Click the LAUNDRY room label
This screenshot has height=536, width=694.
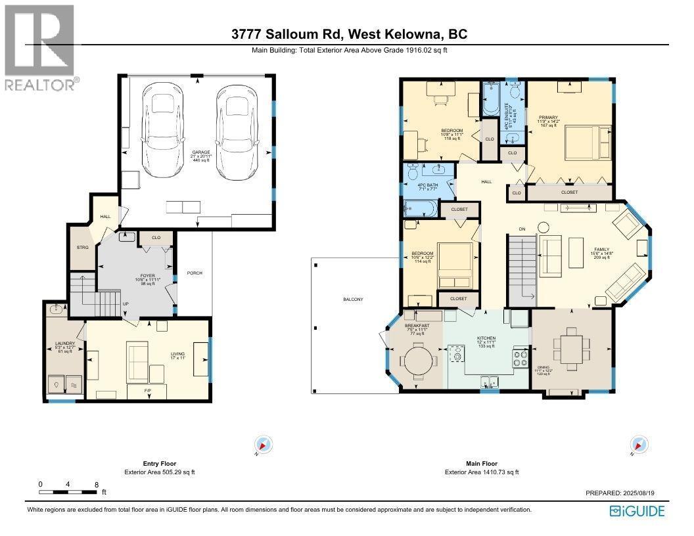65,343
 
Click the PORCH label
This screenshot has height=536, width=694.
194,273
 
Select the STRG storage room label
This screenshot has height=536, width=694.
82,248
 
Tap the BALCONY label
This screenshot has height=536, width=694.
353,299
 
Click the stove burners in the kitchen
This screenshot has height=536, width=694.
520,358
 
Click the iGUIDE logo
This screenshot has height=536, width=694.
637,511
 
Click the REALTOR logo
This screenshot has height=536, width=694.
39,46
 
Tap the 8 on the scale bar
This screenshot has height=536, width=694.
97,485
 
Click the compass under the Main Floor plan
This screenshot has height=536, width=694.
637,445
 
